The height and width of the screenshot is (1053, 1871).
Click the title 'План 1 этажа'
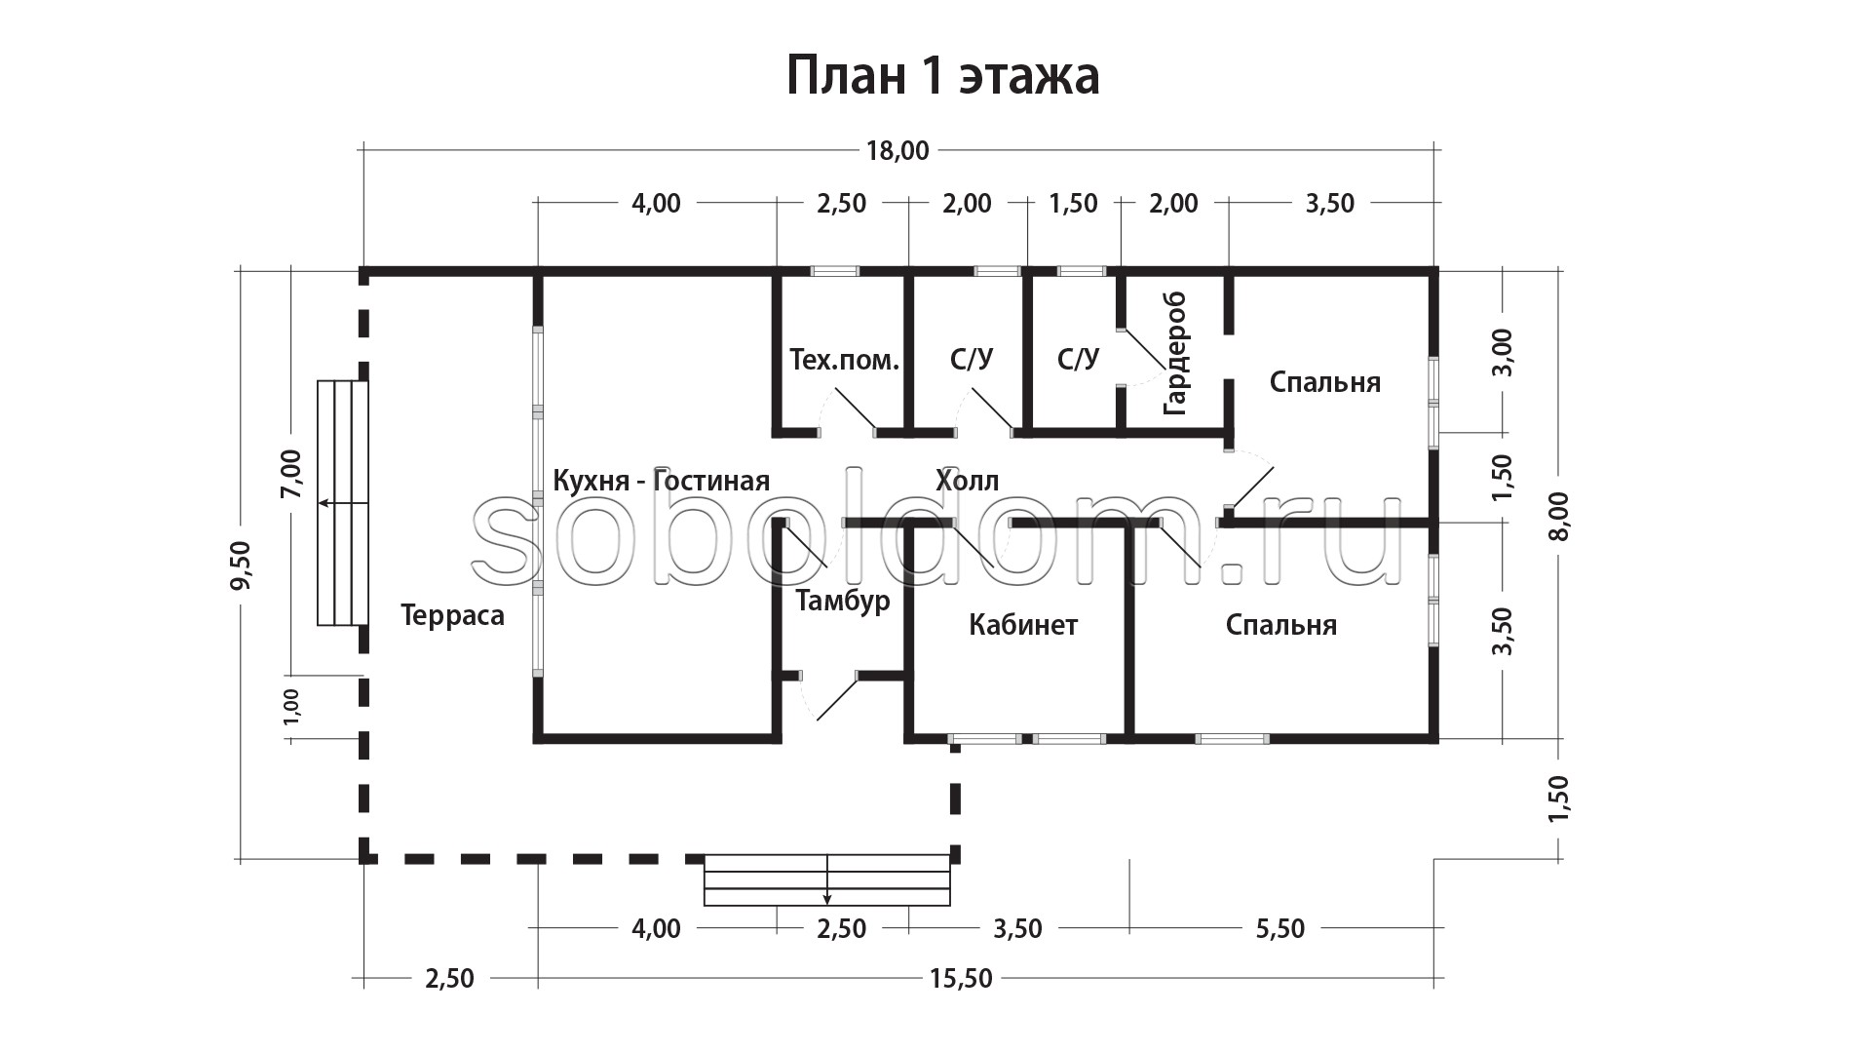point(942,76)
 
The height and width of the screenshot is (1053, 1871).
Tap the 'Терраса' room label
point(452,615)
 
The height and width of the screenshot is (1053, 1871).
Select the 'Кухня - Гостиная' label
point(661,480)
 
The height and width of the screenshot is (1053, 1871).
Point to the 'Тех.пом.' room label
point(844,360)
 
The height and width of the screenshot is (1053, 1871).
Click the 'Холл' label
point(967,480)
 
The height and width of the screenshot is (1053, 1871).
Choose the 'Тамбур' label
point(843,601)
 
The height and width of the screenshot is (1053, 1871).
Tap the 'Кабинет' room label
point(1023,624)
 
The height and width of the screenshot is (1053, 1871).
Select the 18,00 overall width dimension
point(897,150)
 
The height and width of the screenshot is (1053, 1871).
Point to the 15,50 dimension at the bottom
point(961,978)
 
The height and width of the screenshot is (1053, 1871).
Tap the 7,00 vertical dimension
point(291,475)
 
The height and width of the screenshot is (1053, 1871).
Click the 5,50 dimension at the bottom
point(1279,928)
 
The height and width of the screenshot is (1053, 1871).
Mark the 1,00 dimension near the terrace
point(291,706)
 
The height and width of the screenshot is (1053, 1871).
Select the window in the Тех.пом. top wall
point(835,271)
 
